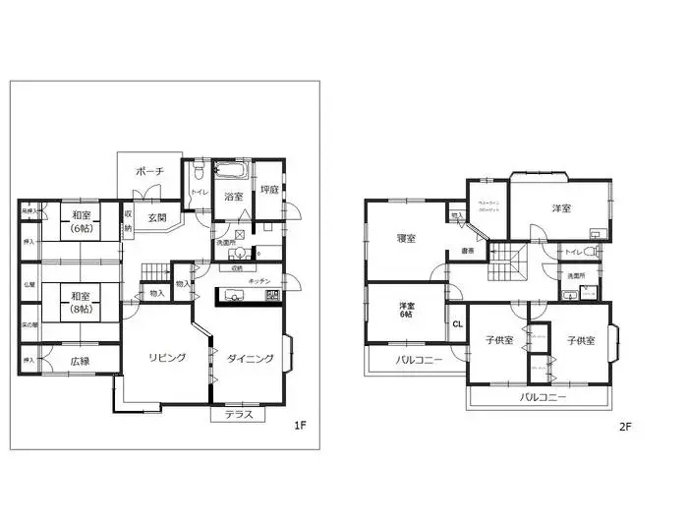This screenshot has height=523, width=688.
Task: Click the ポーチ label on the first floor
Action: point(149,171)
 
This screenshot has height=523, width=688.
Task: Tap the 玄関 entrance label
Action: point(157,217)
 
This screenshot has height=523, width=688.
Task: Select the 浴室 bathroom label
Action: point(233,196)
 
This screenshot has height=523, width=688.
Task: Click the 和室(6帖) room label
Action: point(81,223)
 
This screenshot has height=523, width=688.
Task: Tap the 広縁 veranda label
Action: point(79,361)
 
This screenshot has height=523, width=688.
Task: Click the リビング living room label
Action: point(167,357)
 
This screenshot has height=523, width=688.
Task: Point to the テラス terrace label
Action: point(238,414)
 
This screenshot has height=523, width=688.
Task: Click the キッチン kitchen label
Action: point(259,281)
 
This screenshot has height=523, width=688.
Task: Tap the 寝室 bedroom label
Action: point(406,238)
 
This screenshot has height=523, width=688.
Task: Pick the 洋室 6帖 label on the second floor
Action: point(406,311)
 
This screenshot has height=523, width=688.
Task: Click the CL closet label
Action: point(457,323)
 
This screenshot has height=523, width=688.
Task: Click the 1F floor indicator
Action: point(301,426)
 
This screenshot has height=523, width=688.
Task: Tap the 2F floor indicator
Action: point(624,428)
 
